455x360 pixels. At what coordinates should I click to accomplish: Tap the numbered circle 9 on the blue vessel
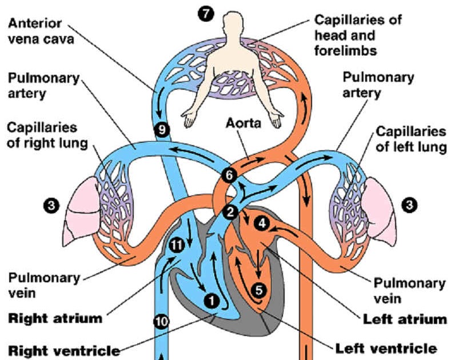(162, 130)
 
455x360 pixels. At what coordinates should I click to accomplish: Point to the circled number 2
(230, 212)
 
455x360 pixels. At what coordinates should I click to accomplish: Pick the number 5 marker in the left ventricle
(259, 290)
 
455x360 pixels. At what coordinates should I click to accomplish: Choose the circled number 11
(178, 246)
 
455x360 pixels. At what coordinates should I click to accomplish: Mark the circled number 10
(162, 322)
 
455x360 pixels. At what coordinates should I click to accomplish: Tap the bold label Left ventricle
(386, 348)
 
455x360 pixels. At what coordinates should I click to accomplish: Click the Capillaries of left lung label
(410, 139)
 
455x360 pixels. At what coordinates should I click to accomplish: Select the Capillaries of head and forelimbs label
(358, 34)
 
